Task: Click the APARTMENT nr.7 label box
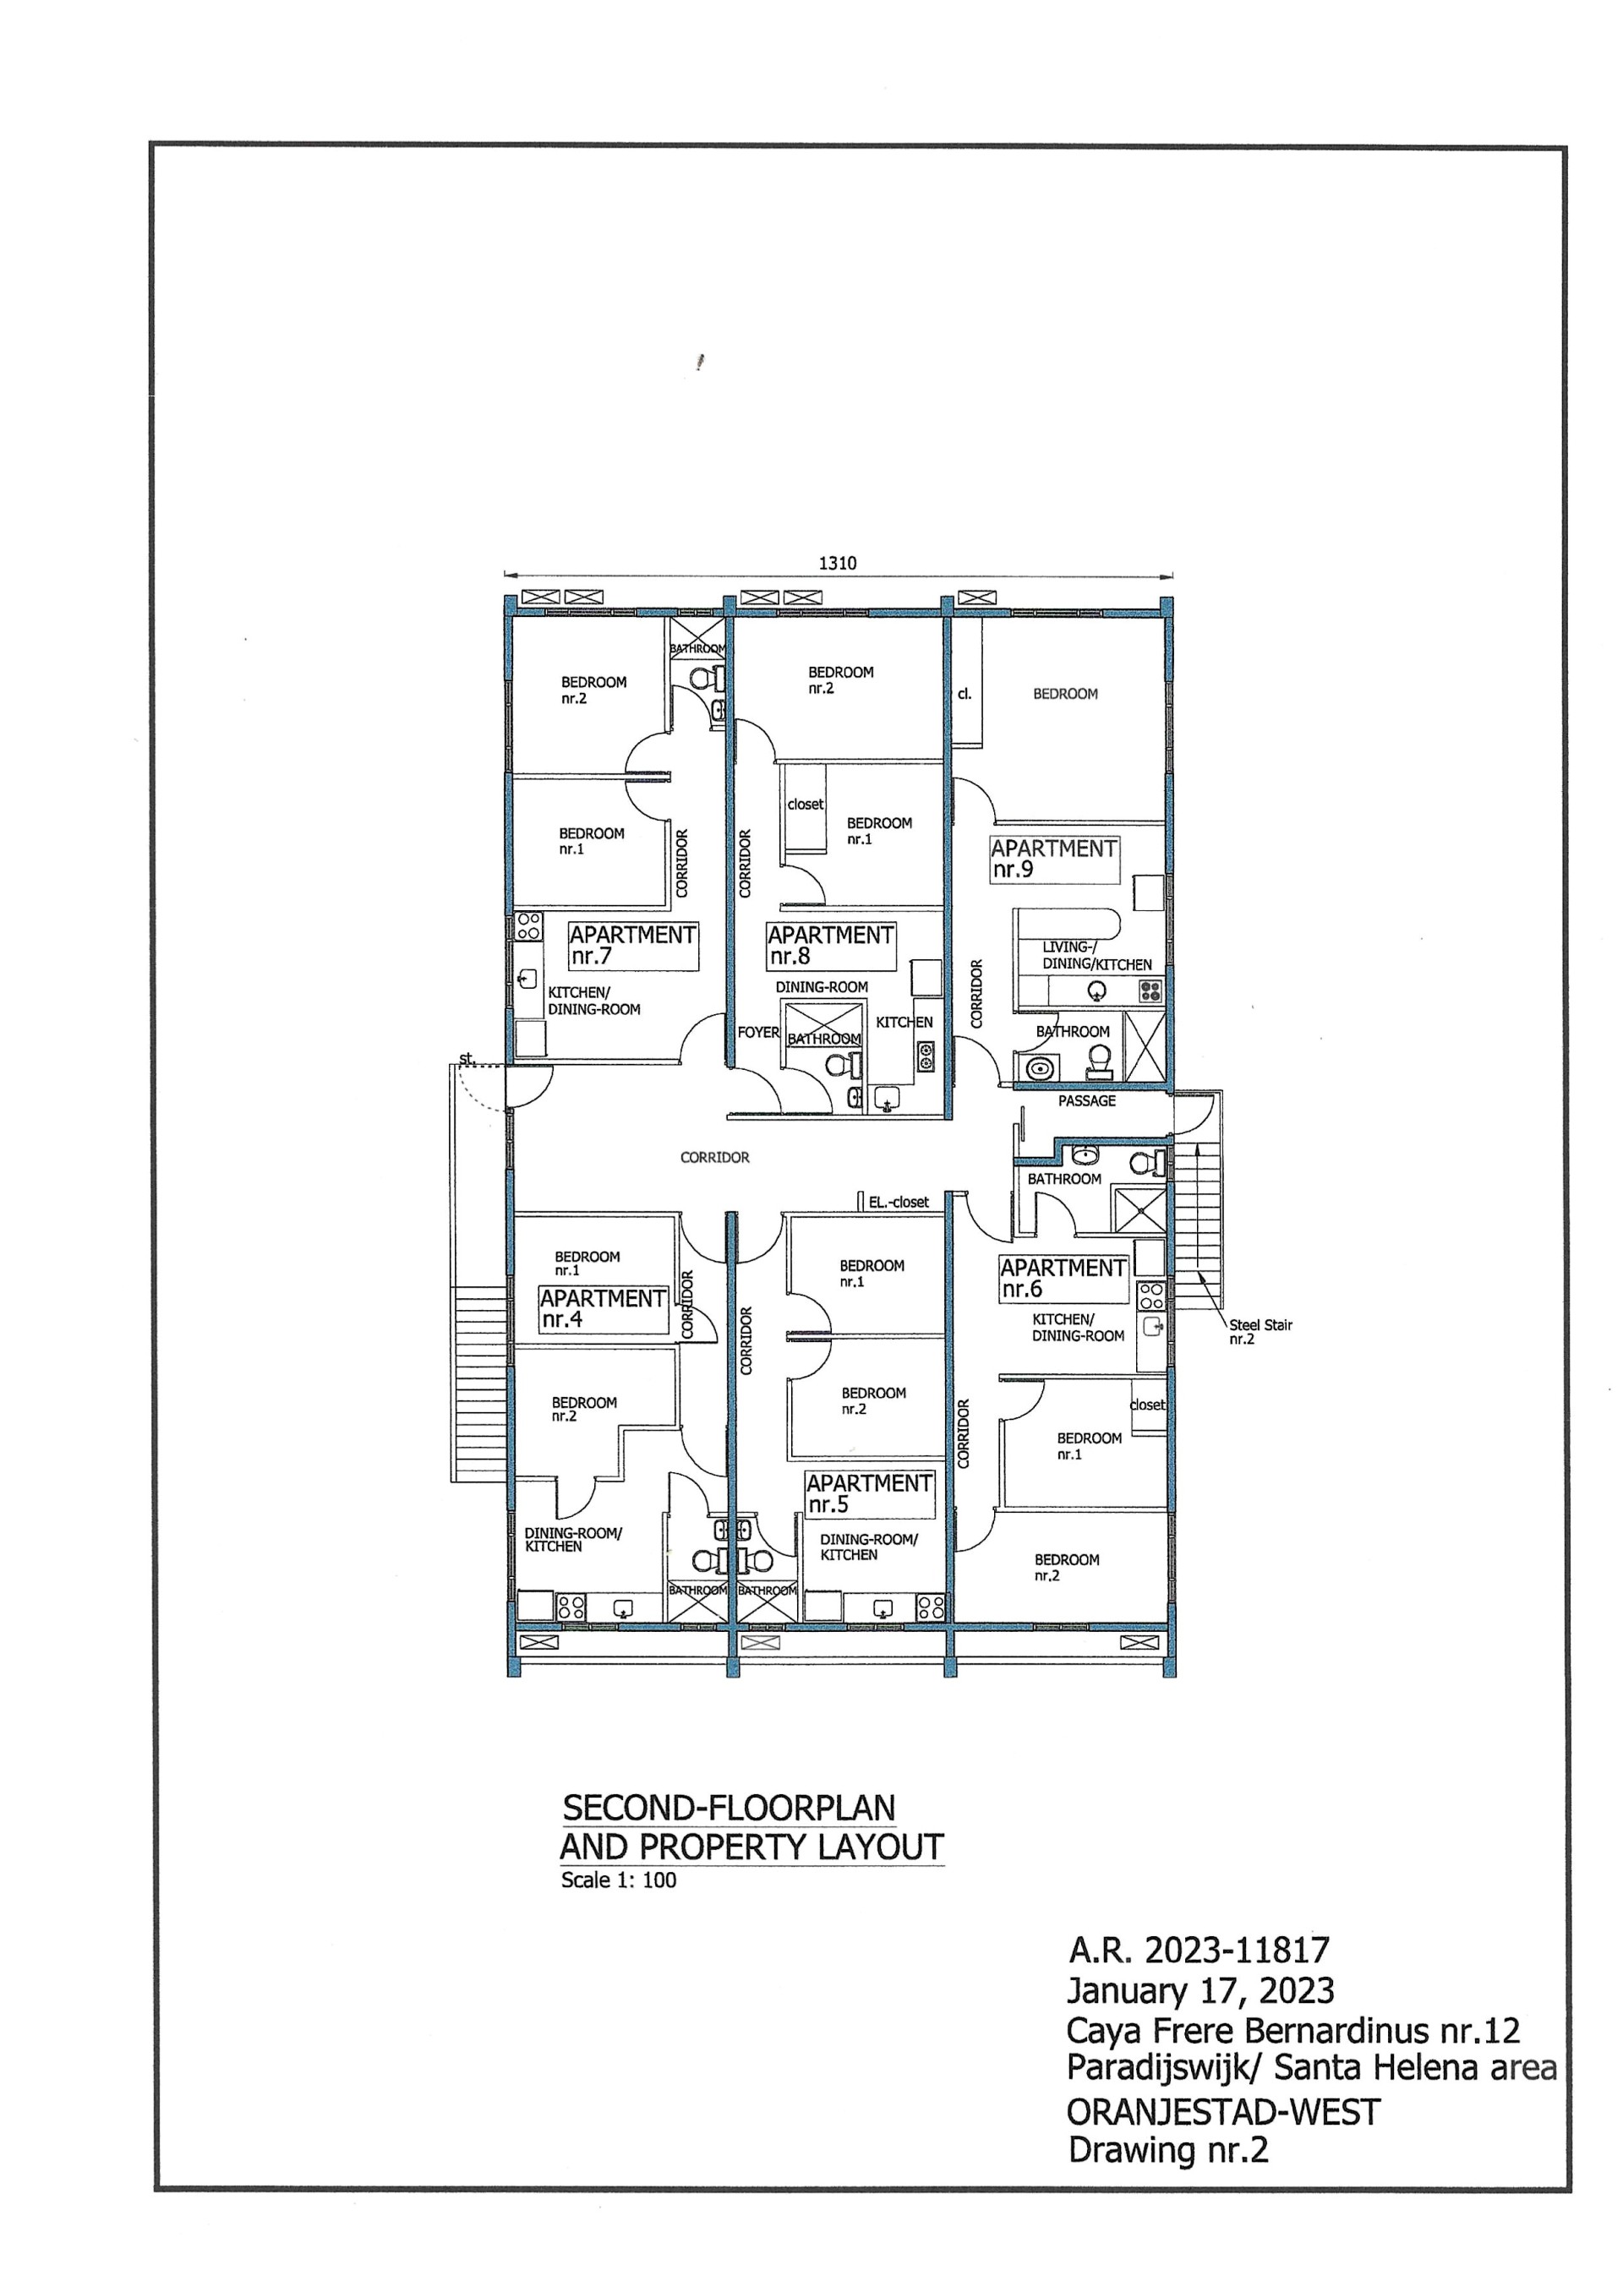632,945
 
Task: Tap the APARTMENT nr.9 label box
1054,859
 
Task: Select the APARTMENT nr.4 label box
604,1309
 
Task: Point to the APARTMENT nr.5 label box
870,1493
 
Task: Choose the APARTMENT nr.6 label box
1063,1278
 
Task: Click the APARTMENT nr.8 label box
830,945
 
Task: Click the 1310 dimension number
838,564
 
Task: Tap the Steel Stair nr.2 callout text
1260,1332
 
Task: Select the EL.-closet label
899,1202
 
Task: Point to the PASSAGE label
1087,1101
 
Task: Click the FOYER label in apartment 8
758,1032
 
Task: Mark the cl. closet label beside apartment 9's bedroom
965,693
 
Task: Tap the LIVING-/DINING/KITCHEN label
1096,956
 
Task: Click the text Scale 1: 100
619,1880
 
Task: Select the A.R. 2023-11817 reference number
1199,1950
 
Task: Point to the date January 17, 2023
1201,1990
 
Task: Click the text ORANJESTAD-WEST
1224,2112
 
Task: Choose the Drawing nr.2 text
1168,2150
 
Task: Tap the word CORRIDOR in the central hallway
714,1157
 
